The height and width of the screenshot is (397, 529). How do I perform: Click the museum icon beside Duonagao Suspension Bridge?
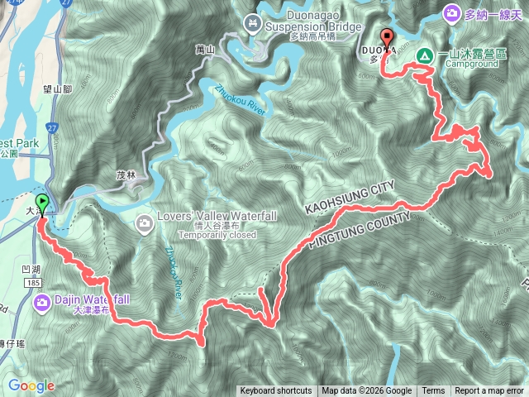[x=253, y=22]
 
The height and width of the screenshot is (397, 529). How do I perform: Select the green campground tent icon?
[x=424, y=55]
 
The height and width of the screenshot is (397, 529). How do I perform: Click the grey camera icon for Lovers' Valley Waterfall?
[x=145, y=222]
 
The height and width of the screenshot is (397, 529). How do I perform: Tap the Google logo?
[x=31, y=385]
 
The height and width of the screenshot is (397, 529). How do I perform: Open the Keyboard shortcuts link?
[x=276, y=391]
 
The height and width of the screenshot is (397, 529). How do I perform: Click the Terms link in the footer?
[x=433, y=391]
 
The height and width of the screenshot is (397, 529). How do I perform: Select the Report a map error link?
[x=489, y=391]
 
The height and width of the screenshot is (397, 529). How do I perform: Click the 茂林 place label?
[x=126, y=175]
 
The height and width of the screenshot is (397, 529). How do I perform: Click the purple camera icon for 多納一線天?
[x=452, y=13]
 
